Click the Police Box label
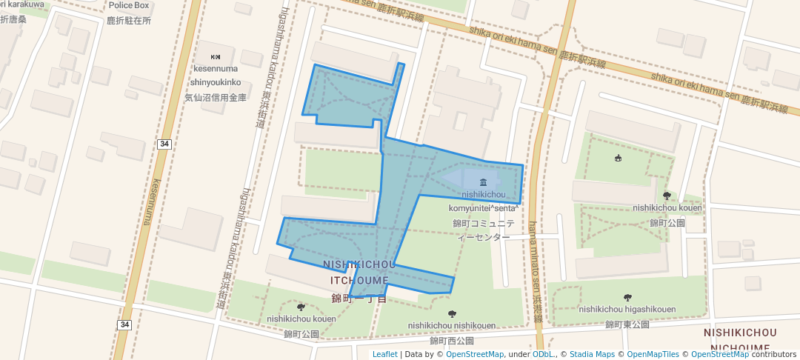[130, 6]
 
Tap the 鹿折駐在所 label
[129, 21]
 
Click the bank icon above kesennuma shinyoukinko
[216, 57]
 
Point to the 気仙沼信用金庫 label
[216, 97]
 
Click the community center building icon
[483, 182]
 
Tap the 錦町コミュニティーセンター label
[483, 230]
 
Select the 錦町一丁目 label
[359, 299]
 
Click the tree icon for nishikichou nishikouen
[452, 313]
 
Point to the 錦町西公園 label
[452, 341]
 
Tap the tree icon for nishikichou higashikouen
[627, 297]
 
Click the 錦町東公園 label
[627, 324]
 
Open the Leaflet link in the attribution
[385, 354]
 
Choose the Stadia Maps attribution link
[591, 354]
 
